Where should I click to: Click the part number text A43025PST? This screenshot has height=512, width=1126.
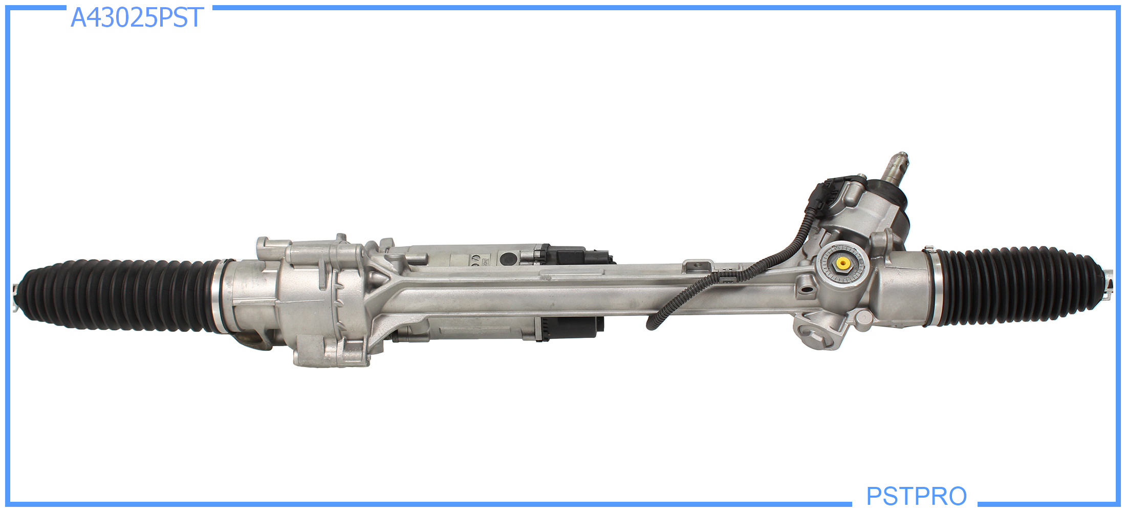[137, 17]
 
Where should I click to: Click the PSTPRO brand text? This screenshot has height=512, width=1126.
[916, 496]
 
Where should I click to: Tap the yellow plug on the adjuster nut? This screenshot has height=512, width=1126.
[842, 263]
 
